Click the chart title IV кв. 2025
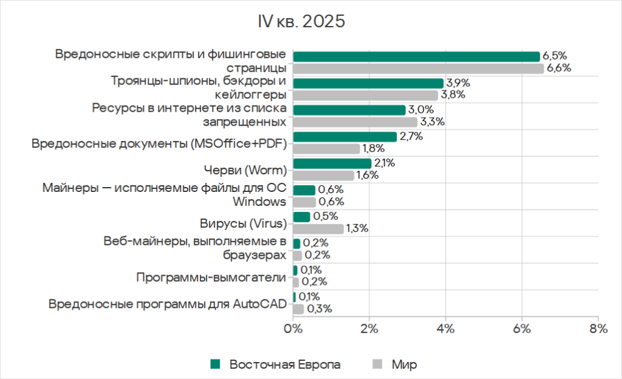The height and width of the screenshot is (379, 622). pos(301,22)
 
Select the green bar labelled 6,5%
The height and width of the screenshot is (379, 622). pos(416,56)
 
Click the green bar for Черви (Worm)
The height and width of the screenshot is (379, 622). pos(332,163)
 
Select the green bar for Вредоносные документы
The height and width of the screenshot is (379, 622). pos(344,137)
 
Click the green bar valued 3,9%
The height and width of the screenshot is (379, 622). pos(367,83)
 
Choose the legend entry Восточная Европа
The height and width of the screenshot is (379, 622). pos(284,364)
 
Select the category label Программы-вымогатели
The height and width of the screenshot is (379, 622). pos(211,278)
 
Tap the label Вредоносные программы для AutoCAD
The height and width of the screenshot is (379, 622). pos(167,304)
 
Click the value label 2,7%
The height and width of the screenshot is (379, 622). pos(411,136)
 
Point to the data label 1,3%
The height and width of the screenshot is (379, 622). pos(357,229)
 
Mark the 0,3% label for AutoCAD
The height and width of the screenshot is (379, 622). pos(319,309)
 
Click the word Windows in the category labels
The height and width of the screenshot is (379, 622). pos(260,201)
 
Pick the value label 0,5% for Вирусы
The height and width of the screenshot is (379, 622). pos(324,216)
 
